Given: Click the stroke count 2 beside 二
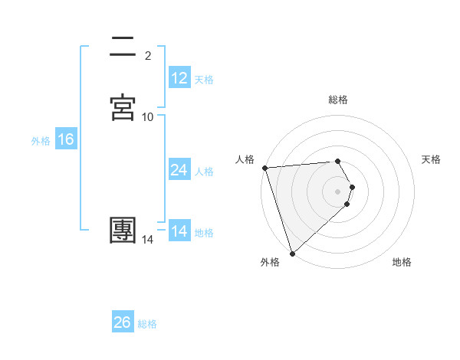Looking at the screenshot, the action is click(x=148, y=55).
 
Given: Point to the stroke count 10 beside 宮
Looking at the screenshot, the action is click(x=148, y=116).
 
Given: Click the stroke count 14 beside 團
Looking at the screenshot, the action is click(x=148, y=240).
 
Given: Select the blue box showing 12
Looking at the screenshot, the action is click(x=179, y=77).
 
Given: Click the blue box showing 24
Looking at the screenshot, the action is click(x=179, y=170).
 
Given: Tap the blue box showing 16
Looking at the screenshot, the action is click(x=66, y=139).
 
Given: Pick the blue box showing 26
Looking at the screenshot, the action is click(x=123, y=322).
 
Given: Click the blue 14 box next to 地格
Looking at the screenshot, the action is click(x=179, y=231).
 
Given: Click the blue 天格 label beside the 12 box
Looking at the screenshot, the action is click(x=204, y=79).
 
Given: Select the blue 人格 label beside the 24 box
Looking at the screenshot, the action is click(x=204, y=172).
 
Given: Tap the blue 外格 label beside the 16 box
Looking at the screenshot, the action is click(x=41, y=141).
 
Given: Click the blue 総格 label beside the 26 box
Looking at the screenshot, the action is click(x=147, y=324).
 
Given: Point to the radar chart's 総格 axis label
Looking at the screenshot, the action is click(x=338, y=100).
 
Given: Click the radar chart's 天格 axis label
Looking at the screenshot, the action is click(x=432, y=159).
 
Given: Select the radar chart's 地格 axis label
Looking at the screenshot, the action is click(x=402, y=262).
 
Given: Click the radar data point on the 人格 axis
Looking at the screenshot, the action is click(x=264, y=168).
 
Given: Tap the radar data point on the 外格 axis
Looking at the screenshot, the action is click(x=292, y=252).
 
